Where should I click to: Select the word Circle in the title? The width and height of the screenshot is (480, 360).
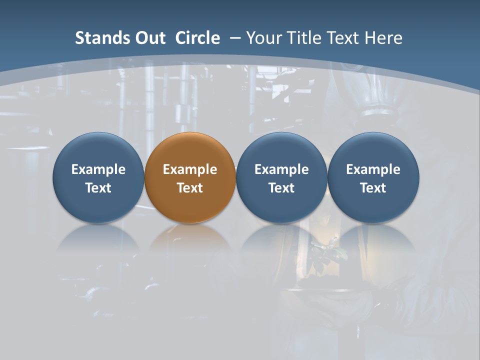pos(197,38)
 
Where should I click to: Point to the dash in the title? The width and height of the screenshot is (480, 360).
pos(235,38)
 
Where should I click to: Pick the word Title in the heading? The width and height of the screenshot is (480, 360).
pos(302,38)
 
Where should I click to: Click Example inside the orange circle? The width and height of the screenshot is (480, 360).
pos(190,169)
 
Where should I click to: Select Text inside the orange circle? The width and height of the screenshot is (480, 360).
pos(190,188)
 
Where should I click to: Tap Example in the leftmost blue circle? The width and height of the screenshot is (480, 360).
pos(98,169)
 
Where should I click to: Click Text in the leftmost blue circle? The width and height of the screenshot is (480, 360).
pos(98,188)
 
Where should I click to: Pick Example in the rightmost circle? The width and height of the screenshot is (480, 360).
pos(373,169)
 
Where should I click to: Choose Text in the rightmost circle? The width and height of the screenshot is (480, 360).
pos(373,188)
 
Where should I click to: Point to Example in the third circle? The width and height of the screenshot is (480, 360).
pos(281,169)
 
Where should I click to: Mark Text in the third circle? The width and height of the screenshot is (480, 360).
pos(281,188)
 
